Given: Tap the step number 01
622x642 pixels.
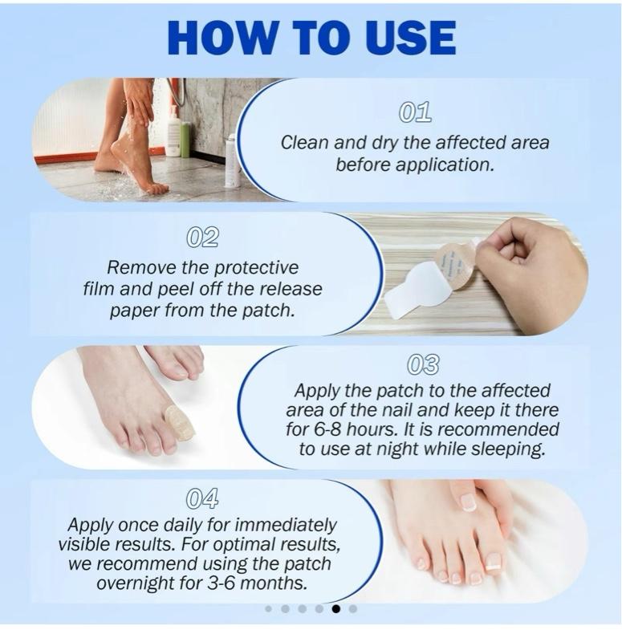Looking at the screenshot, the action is (415, 112).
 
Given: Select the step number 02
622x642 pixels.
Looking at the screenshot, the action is (202, 237).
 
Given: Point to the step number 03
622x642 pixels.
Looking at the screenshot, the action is (423, 364).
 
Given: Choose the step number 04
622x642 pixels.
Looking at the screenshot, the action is (202, 498).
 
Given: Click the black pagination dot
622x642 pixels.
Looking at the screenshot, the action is (335, 609).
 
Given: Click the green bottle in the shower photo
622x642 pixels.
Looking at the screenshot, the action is (185, 139).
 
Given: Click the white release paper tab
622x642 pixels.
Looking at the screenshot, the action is (414, 291).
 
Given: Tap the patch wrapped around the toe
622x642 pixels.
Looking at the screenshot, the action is (179, 423).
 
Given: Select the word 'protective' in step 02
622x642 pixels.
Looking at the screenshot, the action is (256, 268).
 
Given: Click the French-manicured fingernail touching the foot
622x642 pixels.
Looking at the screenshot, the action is (469, 503).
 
